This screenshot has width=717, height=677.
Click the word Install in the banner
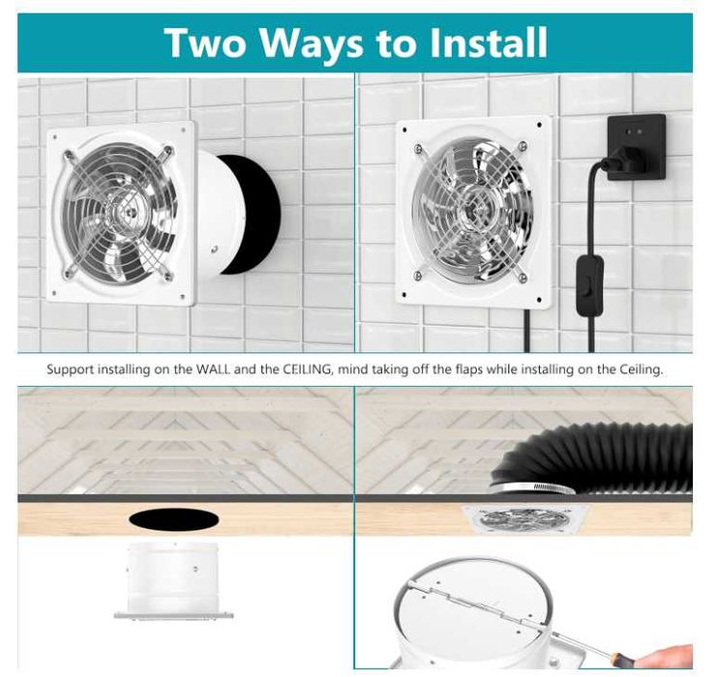click(x=489, y=43)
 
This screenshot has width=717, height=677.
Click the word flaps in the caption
click(x=469, y=368)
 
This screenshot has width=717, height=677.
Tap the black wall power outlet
click(x=636, y=147)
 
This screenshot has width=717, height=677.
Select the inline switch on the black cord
click(x=589, y=284)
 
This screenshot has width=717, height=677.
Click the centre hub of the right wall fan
click(x=472, y=211)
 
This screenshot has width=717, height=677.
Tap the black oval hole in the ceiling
click(x=174, y=518)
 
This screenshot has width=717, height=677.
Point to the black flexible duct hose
click(x=599, y=459)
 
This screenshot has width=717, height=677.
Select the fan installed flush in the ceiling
click(x=525, y=519)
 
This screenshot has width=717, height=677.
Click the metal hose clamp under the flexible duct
click(x=532, y=488)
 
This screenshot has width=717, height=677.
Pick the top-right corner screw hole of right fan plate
click(x=540, y=125)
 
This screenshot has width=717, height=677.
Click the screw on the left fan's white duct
click(x=214, y=250)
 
